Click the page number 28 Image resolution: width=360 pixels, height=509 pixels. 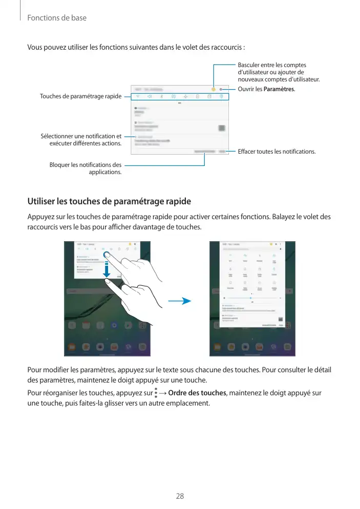click(x=180, y=496)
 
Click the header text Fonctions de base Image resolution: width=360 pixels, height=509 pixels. click(x=57, y=18)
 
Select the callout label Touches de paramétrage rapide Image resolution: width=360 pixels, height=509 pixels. click(x=80, y=96)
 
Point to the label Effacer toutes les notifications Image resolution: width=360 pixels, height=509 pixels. click(x=277, y=152)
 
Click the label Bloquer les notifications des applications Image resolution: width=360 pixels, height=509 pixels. click(x=86, y=168)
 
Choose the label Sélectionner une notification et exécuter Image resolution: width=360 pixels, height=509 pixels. click(x=81, y=139)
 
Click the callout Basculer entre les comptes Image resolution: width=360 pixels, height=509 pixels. click(x=279, y=72)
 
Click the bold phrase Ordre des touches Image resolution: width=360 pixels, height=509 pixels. click(x=197, y=393)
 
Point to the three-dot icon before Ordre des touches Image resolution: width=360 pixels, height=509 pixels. click(x=155, y=393)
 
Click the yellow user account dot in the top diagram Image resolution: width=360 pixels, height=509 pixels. click(x=213, y=88)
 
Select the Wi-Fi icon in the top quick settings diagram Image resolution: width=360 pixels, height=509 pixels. click(x=138, y=96)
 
